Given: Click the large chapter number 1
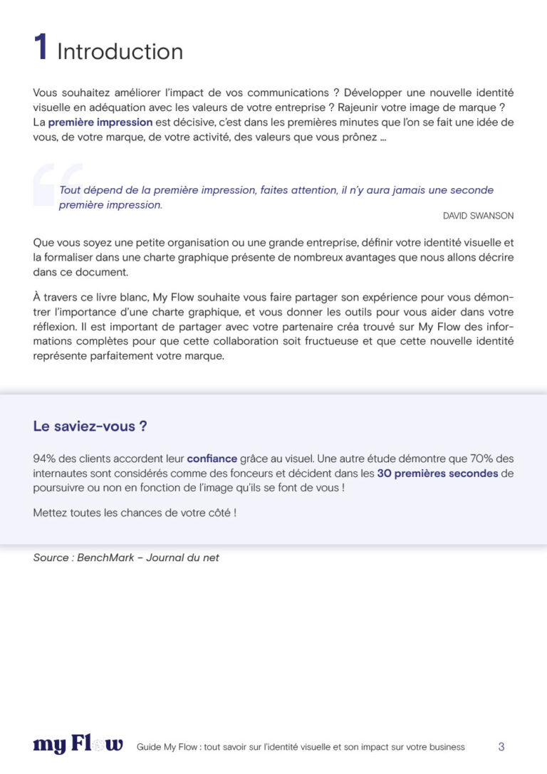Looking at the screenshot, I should pos(41,48).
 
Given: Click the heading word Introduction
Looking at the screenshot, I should pos(120,51).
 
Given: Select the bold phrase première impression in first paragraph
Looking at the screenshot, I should pos(100,122).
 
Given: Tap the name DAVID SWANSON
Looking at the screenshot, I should pos(478,216).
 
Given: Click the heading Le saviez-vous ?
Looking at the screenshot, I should pos(90,427).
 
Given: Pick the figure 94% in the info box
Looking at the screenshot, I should pos(44,459).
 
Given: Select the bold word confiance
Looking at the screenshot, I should pos(212,459).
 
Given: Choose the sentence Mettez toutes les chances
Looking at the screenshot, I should pos(135,513).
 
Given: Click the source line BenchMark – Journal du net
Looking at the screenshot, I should pos(126,558).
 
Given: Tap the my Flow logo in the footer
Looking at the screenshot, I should pos(78,745).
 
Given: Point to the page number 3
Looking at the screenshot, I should pos(501,747).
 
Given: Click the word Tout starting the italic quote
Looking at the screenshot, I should pos(70,190).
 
